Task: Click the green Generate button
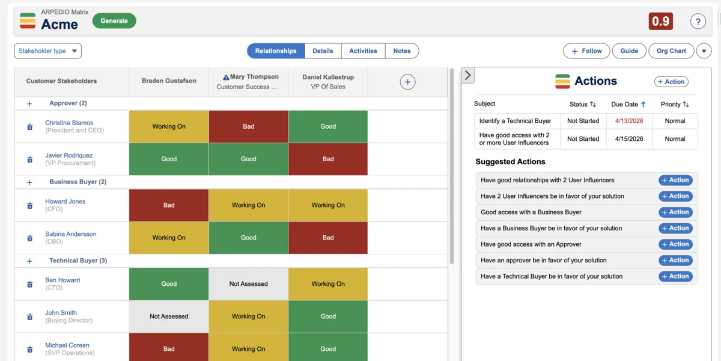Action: [x=114, y=21]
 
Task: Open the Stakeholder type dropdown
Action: [x=47, y=51]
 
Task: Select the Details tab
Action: [x=323, y=51]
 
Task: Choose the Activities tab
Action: [x=363, y=51]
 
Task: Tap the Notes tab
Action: [x=402, y=51]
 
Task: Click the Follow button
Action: [x=586, y=51]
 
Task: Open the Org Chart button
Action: [x=671, y=51]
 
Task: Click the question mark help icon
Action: [x=698, y=22]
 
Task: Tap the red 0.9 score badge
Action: [x=660, y=22]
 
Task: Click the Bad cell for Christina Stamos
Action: [x=248, y=126]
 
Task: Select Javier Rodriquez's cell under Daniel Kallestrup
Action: [x=328, y=159]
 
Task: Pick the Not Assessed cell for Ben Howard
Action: [x=248, y=284]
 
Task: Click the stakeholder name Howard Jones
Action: [x=65, y=202]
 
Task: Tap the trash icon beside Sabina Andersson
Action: [x=29, y=238]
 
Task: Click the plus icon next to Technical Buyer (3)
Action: [x=29, y=261]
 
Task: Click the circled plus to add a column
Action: [x=407, y=82]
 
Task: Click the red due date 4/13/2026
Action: [x=629, y=121]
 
